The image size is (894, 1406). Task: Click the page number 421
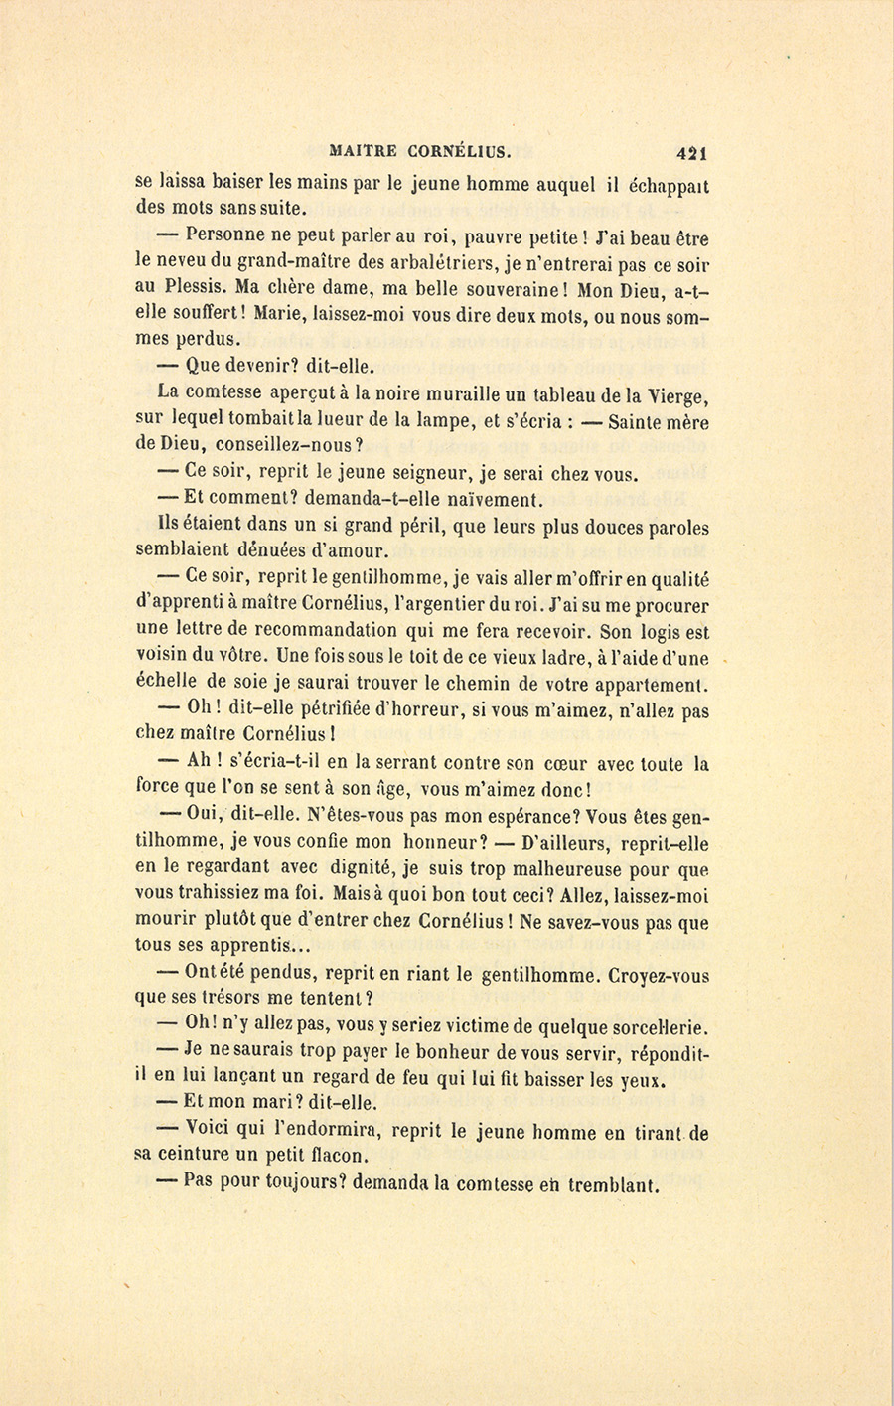690,153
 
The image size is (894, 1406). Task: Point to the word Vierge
675,395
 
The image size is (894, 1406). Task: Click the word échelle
166,684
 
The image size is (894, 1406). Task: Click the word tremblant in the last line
614,1184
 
